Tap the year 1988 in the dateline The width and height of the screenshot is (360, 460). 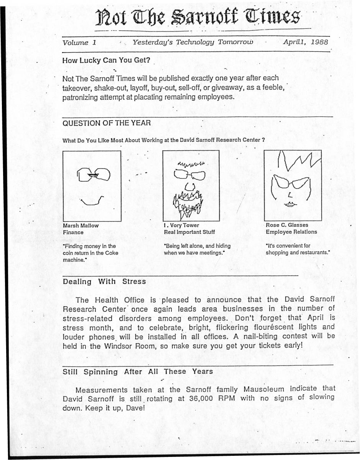point(319,43)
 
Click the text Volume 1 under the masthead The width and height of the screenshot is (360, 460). point(79,43)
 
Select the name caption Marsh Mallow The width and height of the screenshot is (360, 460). point(81,225)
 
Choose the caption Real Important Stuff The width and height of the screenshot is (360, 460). point(189,232)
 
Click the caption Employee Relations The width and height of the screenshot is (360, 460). point(291,232)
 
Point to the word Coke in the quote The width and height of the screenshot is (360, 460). point(111,253)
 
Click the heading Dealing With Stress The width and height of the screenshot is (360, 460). point(104,281)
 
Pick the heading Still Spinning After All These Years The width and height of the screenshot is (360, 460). point(138,371)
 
